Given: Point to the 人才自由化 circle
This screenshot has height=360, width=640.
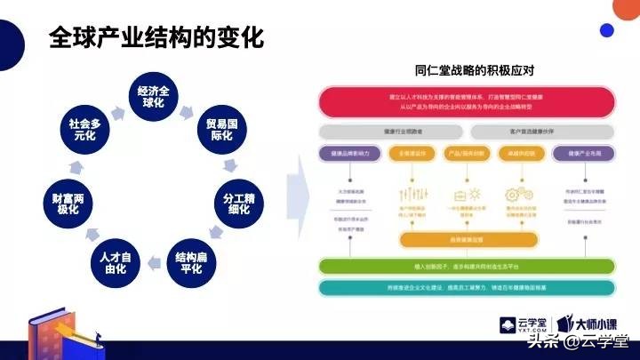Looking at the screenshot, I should point(114,261).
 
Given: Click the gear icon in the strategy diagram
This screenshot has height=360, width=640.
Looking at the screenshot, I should point(515,195).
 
